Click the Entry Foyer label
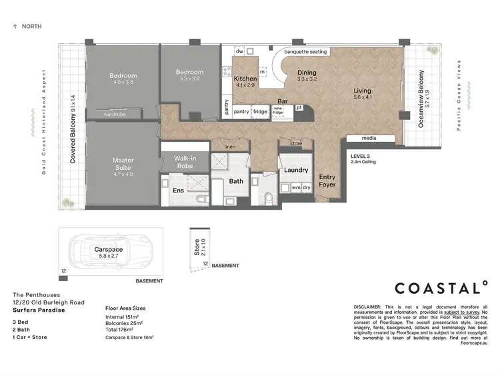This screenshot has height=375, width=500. [327, 180]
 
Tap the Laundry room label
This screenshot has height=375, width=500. [295, 170]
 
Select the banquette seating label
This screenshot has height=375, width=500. [305, 51]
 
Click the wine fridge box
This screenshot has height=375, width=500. [279, 112]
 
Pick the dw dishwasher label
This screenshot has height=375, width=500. [239, 51]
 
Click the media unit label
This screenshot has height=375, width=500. [369, 139]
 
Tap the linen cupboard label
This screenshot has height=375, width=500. [231, 147]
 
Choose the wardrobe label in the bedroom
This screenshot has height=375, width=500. [115, 114]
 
